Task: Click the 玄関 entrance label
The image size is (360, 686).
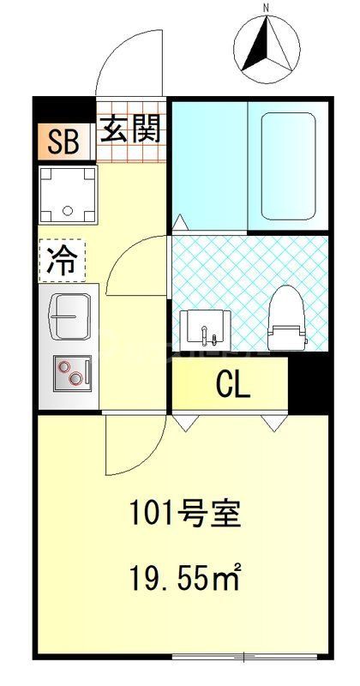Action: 130,130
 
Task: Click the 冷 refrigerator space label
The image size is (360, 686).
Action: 62,261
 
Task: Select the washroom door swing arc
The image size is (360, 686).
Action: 137,262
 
